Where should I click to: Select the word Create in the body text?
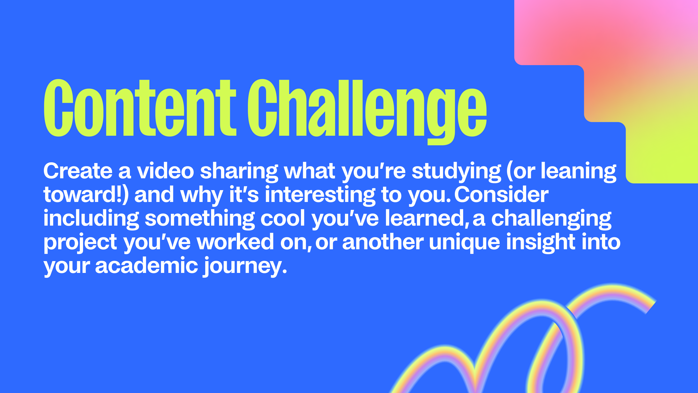click(x=78, y=171)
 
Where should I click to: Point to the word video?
click(x=165, y=171)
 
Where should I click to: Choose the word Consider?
click(x=501, y=195)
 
